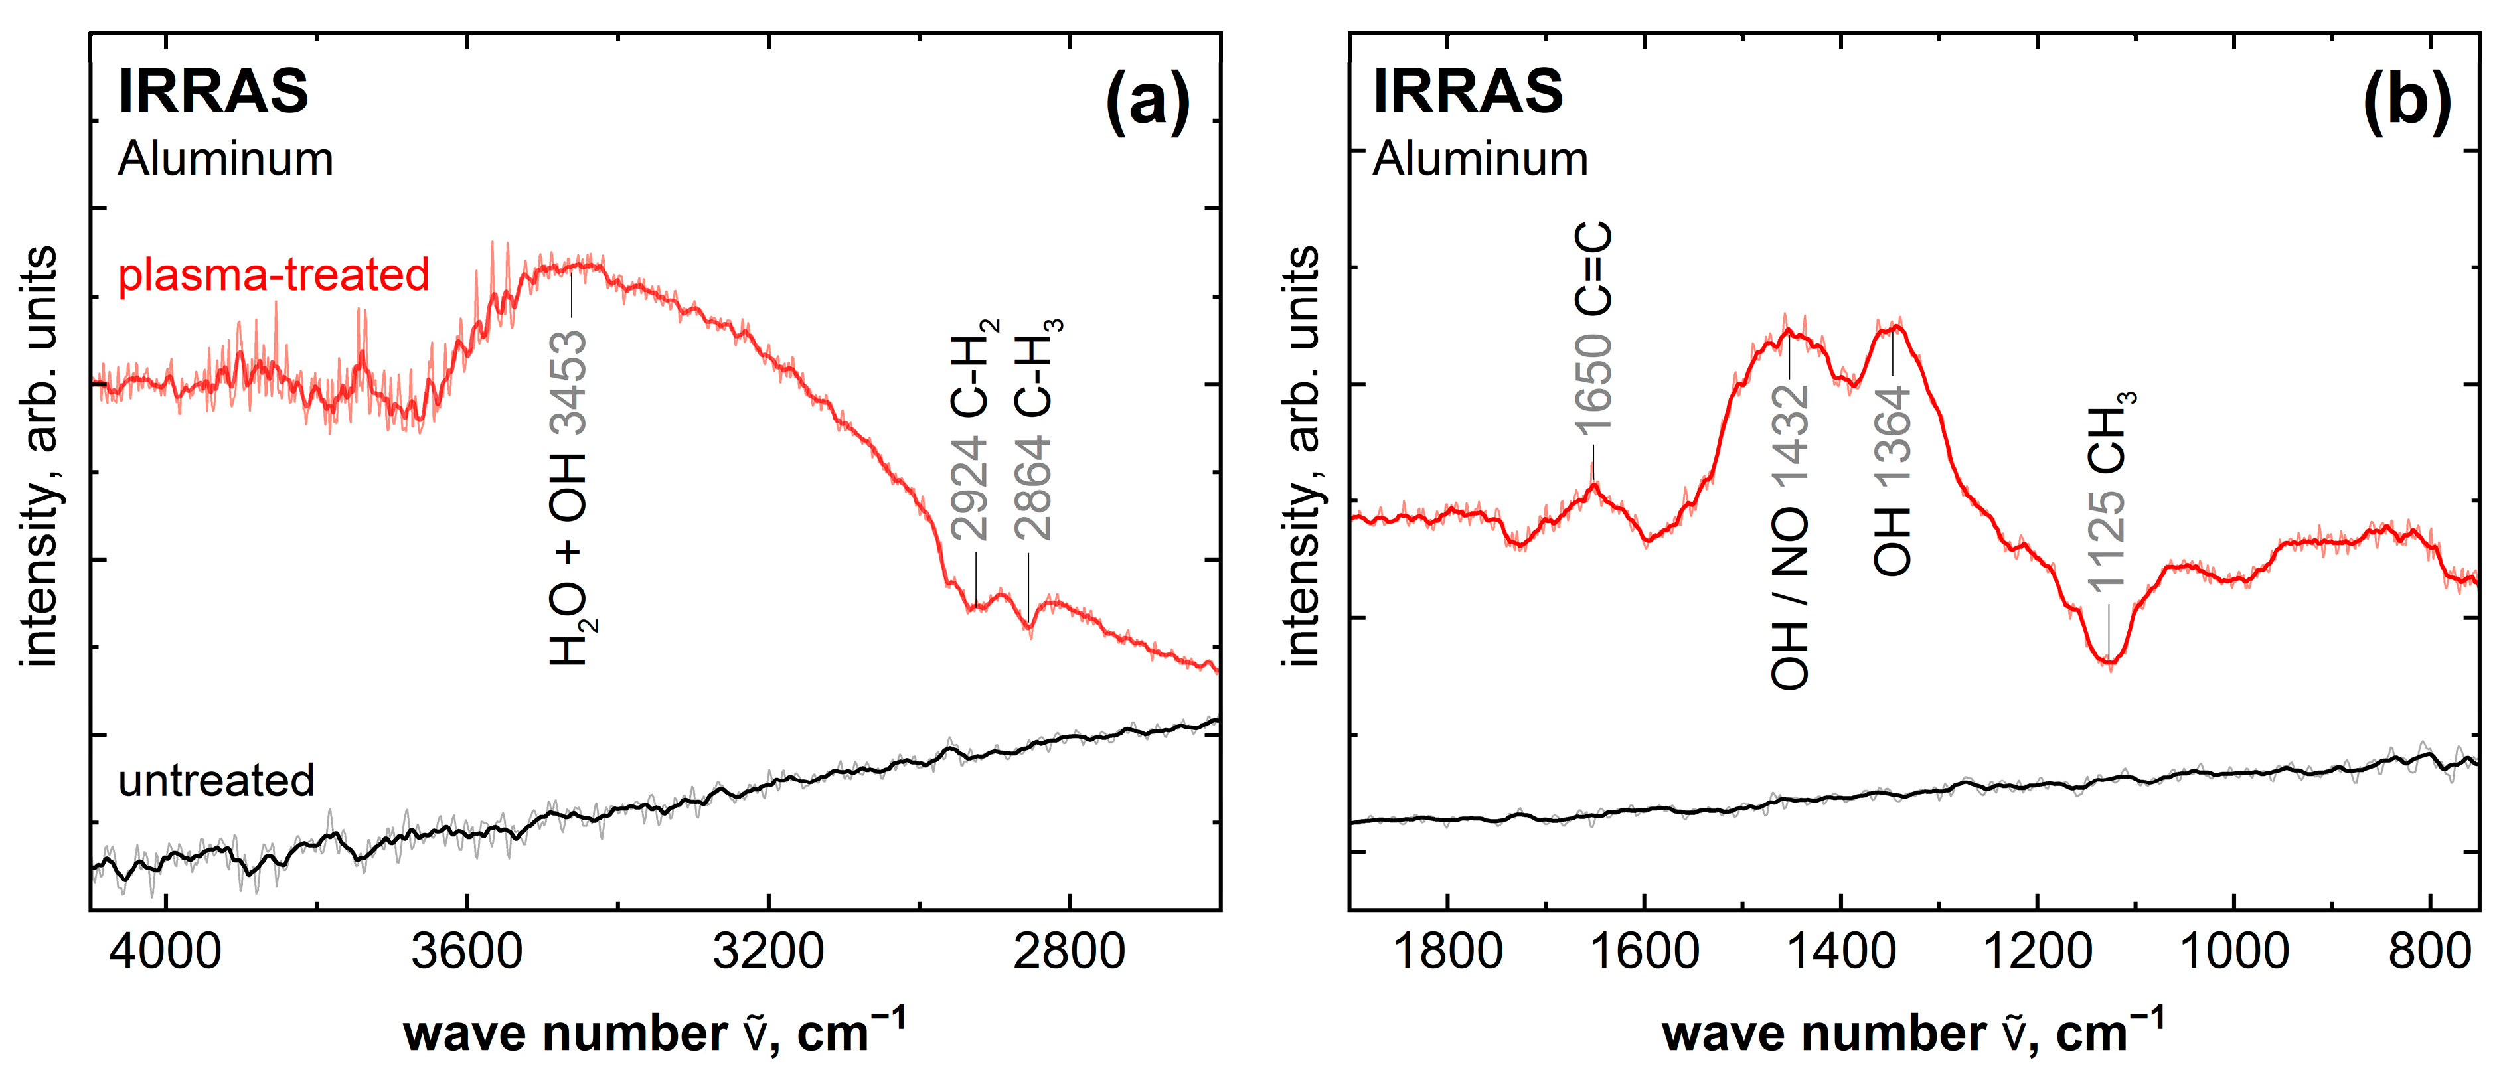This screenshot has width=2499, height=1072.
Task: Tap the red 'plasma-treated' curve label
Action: (274, 275)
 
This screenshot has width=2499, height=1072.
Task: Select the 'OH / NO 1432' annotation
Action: (1790, 536)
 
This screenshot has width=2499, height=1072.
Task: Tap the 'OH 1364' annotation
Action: (1892, 479)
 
